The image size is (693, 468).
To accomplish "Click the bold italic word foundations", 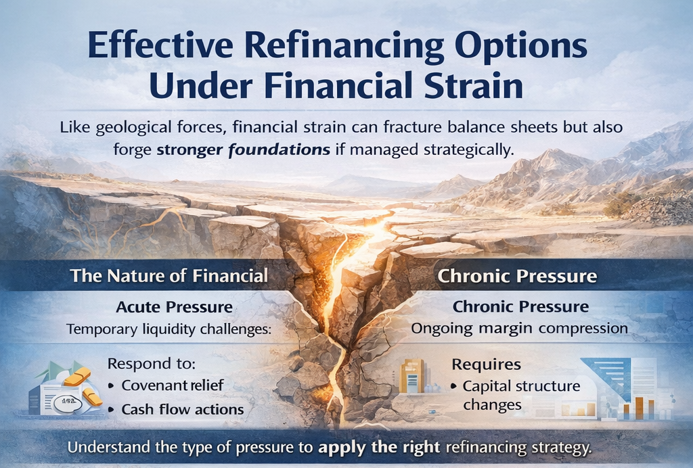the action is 279,149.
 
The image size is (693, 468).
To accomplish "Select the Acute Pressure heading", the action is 174,307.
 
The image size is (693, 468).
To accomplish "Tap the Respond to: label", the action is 152,364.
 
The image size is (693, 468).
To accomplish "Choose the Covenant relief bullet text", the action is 173,385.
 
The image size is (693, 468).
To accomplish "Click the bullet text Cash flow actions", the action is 183,409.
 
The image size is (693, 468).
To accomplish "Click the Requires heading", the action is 486,365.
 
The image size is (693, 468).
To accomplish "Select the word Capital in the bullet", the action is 485,386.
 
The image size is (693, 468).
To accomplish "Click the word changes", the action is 493,404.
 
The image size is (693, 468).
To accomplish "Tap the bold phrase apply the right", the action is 379,447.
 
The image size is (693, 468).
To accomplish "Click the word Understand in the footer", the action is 109,447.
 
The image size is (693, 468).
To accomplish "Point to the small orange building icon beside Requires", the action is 411,376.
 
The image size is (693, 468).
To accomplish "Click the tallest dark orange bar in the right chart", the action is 639,408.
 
